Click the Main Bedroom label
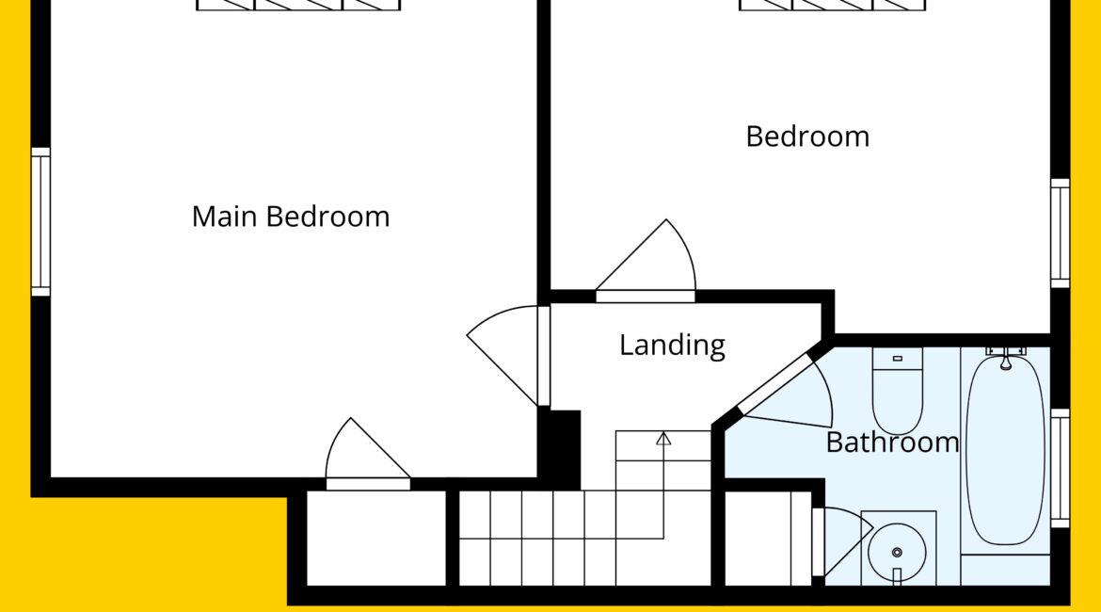[291, 217]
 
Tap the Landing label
[672, 345]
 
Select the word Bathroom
[892, 443]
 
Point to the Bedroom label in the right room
[807, 137]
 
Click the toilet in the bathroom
[898, 391]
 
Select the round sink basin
[897, 553]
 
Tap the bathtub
[1005, 450]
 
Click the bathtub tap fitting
[1006, 356]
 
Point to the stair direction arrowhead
[663, 439]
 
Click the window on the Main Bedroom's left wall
[40, 221]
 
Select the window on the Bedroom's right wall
[1060, 234]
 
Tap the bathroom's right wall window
[1060, 468]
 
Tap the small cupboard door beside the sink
[842, 541]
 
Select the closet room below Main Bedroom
[376, 538]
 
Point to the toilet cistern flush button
[898, 359]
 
